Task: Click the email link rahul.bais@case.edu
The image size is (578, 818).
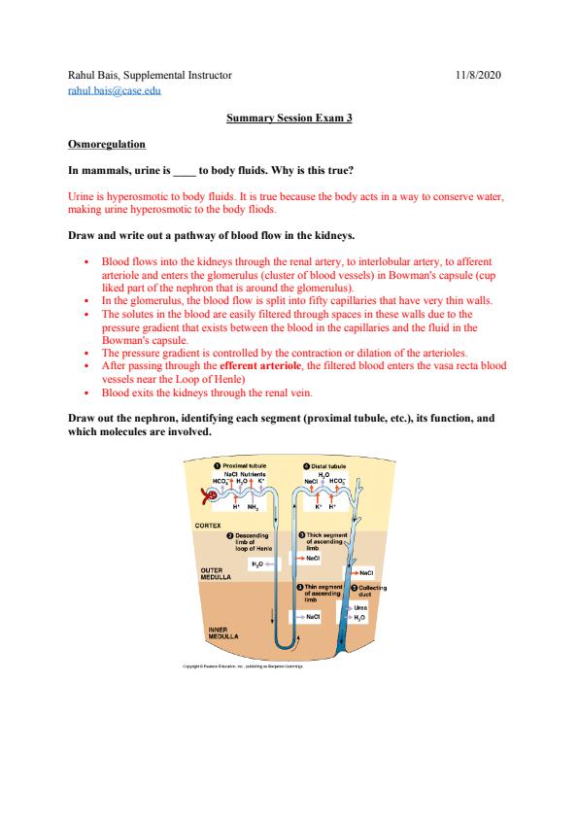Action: pos(115,90)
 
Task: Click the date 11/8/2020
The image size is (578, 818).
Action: pos(478,75)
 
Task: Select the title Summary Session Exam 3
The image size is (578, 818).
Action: pos(289,118)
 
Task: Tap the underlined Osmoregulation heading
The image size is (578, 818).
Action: pos(107,144)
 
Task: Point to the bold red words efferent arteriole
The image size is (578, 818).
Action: pos(260,365)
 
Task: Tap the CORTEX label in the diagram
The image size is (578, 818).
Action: pos(208,526)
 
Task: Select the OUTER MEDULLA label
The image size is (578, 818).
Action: pos(216,574)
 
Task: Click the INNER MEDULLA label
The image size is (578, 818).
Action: pos(222,633)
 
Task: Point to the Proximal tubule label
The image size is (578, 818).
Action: pos(241,465)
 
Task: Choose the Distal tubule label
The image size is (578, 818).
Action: pos(324,466)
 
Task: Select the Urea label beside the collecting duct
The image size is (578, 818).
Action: pos(360,608)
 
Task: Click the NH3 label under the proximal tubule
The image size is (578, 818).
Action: pos(253,507)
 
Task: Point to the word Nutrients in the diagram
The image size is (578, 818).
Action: pos(253,474)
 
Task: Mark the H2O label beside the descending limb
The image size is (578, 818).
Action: pos(257,564)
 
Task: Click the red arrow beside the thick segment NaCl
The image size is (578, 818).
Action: pos(300,559)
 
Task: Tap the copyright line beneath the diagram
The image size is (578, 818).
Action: pos(243,666)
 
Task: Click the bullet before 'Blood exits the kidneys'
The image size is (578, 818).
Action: pos(86,392)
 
